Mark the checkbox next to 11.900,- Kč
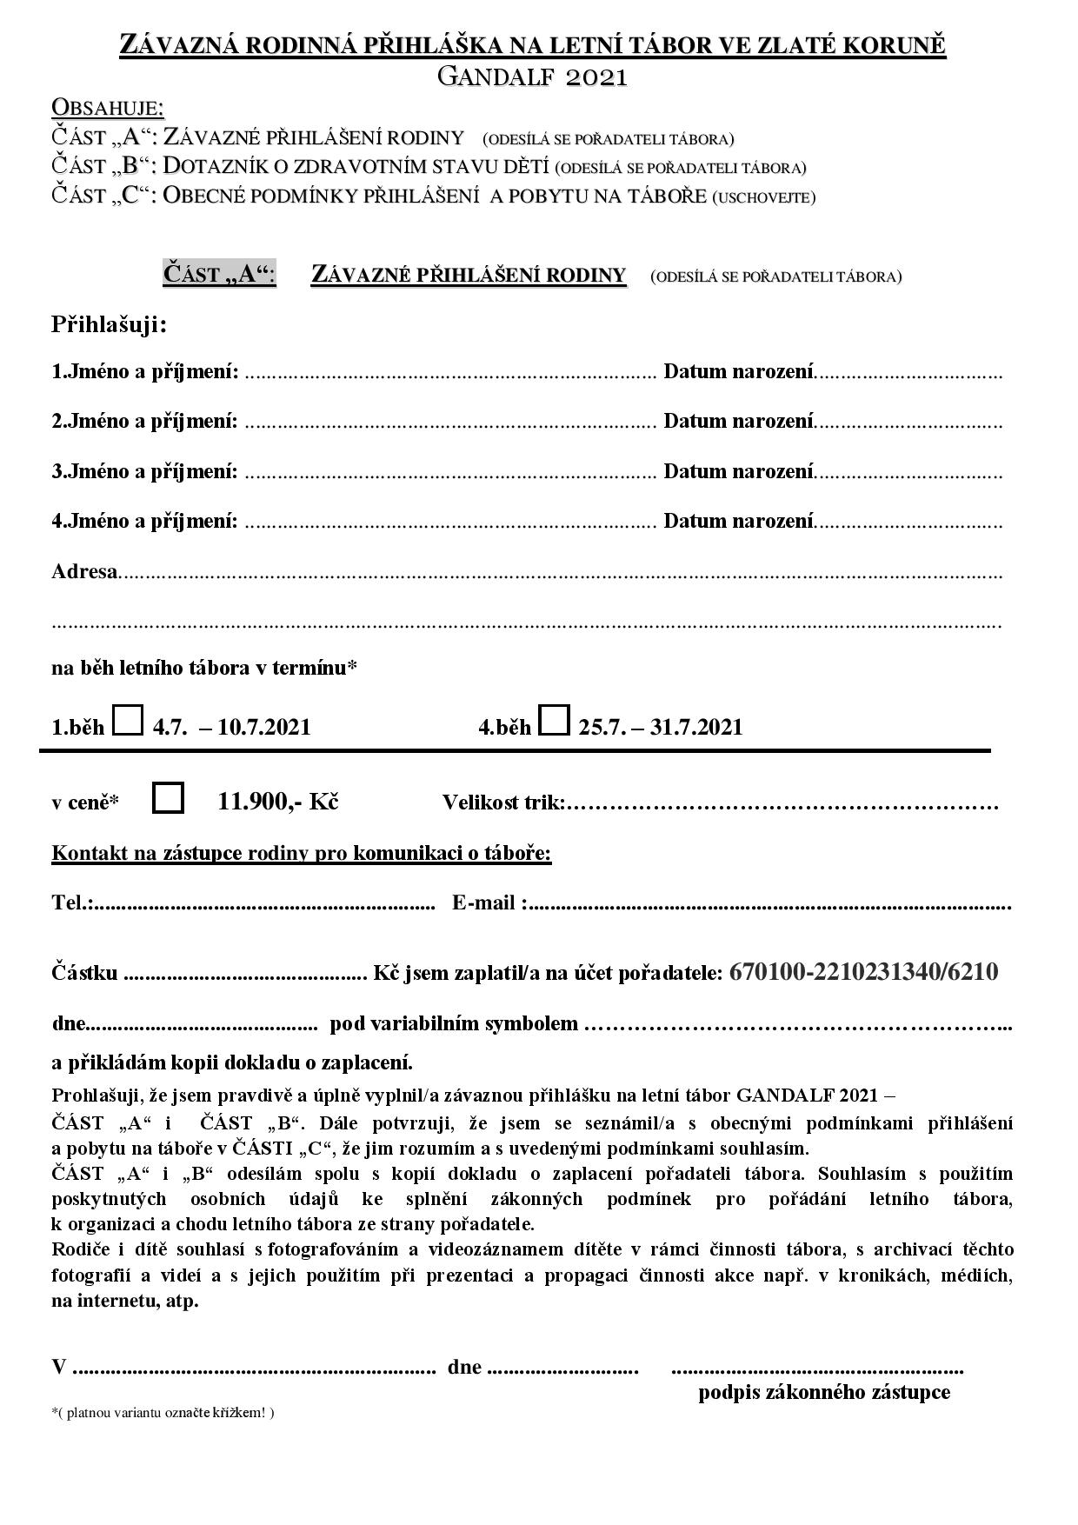(x=168, y=798)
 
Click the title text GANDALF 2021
(x=532, y=77)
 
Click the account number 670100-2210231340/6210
(x=863, y=971)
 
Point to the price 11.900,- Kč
(x=278, y=801)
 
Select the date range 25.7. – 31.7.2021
(x=661, y=727)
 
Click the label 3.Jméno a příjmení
(x=144, y=472)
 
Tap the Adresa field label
(x=84, y=572)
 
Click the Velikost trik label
(x=503, y=802)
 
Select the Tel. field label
(x=72, y=903)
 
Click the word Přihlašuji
(x=109, y=325)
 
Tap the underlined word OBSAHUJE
(x=108, y=107)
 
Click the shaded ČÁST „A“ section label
(x=219, y=275)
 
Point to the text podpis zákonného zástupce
(x=824, y=1392)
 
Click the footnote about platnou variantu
(x=163, y=1413)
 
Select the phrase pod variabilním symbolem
(x=454, y=1023)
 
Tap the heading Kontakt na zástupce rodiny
(x=302, y=853)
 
